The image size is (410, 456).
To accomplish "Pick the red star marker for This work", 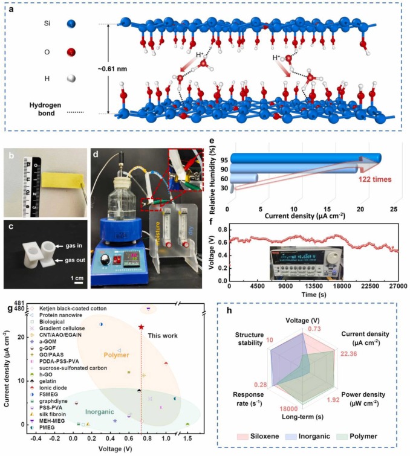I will [x=141, y=327].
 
